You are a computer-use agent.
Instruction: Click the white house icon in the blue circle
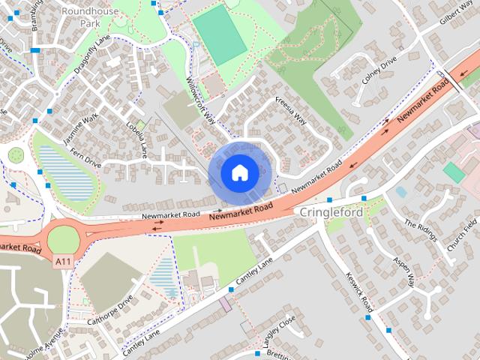point(239,173)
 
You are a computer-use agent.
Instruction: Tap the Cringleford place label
point(331,213)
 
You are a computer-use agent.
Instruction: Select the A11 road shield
point(64,261)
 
